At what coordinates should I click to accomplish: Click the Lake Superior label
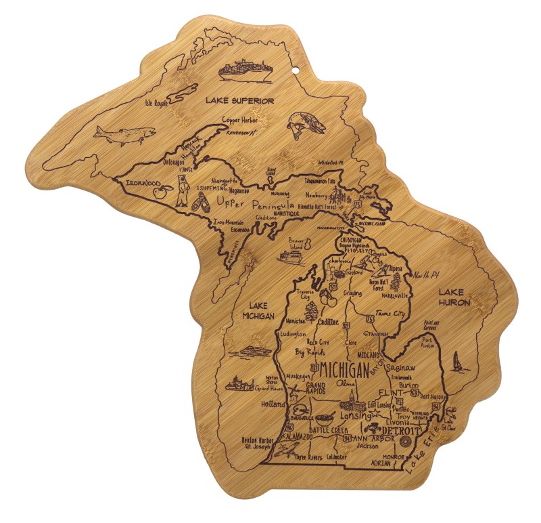point(241,101)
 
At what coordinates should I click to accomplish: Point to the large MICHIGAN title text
point(344,370)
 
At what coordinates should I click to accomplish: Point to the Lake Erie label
point(427,451)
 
